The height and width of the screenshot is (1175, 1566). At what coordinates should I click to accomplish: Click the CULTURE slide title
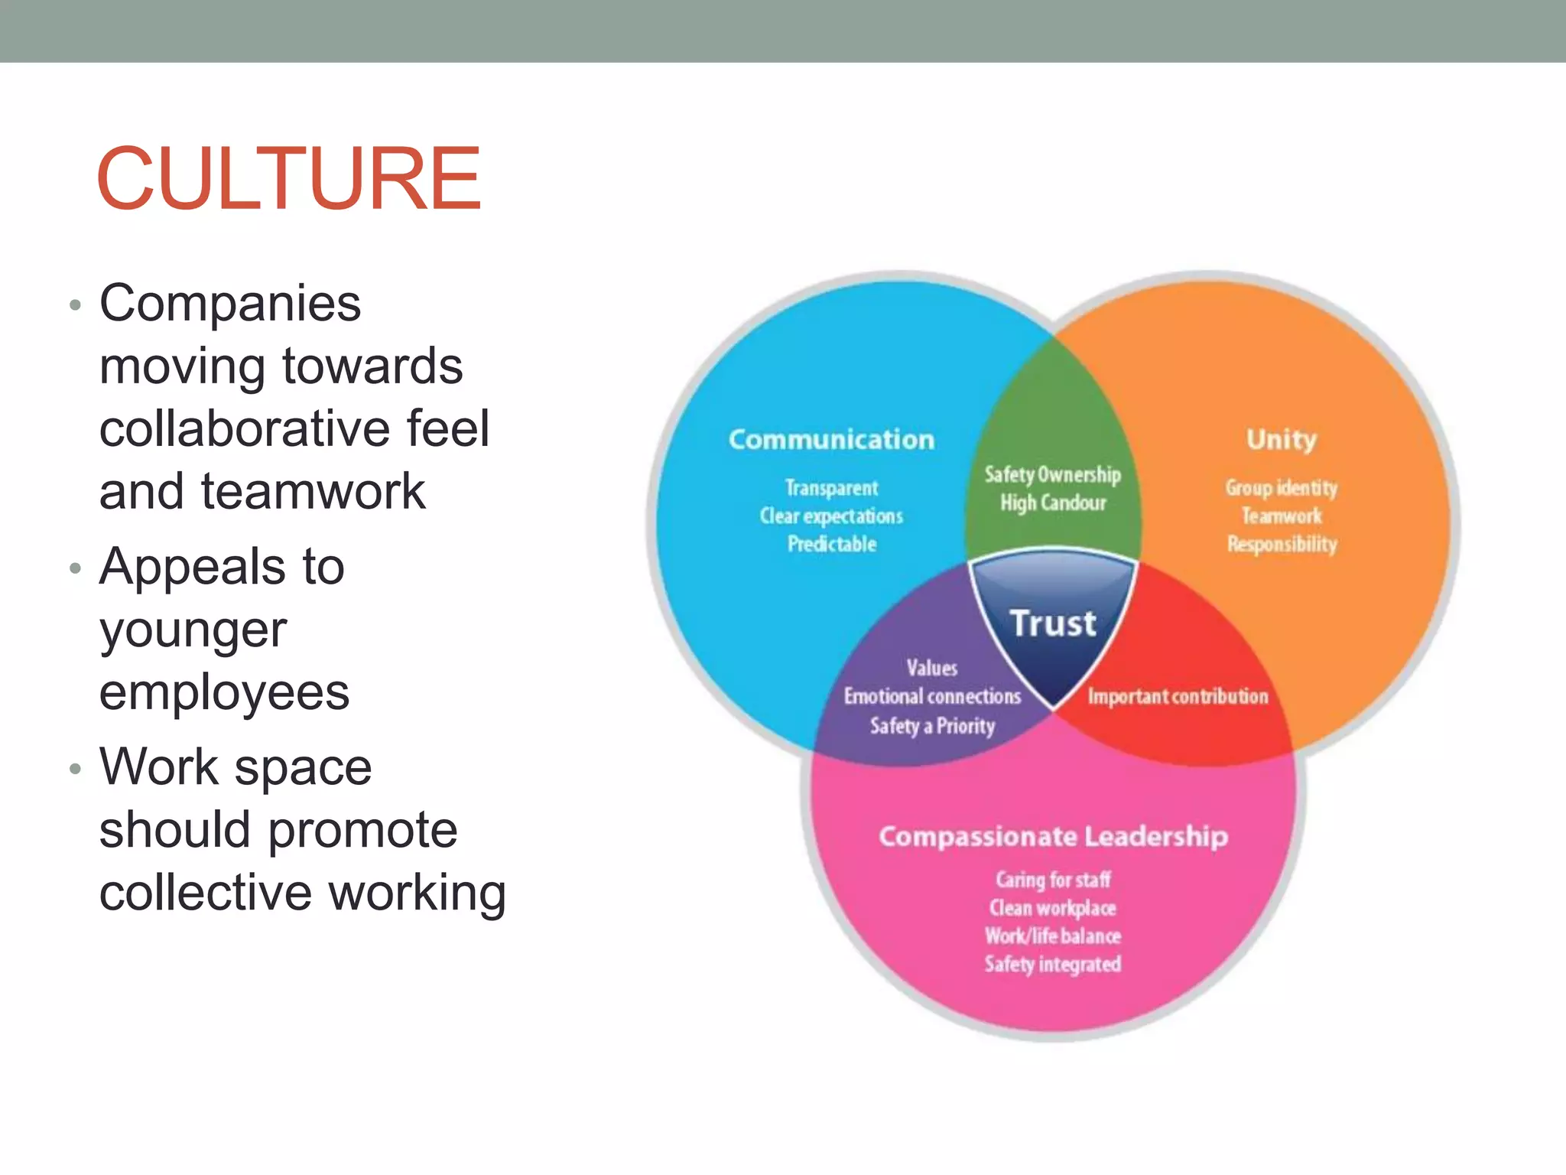point(288,178)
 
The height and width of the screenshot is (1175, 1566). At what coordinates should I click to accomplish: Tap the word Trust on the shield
point(1053,623)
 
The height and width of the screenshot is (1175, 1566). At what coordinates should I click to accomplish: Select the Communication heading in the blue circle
point(831,439)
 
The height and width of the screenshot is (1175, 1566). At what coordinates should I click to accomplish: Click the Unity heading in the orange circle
point(1282,439)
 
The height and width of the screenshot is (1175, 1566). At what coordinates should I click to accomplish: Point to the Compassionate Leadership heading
point(1053,836)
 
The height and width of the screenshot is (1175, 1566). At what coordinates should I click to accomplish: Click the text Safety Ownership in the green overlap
point(1053,474)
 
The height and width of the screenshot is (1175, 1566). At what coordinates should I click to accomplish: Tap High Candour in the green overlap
point(1053,503)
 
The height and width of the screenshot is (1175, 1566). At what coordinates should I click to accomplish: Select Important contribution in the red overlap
point(1178,696)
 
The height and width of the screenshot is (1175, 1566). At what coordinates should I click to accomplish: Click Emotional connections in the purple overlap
point(932,696)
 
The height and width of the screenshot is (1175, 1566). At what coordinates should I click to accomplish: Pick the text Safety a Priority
point(932,725)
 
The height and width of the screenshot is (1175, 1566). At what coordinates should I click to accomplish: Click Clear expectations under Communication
point(831,516)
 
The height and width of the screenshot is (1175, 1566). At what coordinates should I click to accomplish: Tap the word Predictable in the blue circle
point(832,544)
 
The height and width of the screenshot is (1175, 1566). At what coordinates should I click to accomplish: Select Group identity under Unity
point(1282,487)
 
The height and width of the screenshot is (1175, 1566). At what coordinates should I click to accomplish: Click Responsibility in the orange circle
point(1282,544)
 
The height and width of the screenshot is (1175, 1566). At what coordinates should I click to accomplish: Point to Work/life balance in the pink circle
point(1053,936)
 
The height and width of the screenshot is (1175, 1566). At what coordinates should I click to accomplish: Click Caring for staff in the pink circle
point(1053,880)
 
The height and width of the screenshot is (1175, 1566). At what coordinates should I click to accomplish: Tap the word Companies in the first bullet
point(229,304)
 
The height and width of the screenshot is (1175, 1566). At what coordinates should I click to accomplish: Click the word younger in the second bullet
point(193,630)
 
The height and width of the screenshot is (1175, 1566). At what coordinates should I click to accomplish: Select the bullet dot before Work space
point(74,768)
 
